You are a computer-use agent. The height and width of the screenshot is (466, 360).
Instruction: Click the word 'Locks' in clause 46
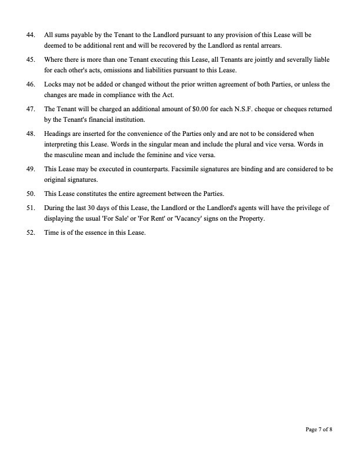click(x=52, y=85)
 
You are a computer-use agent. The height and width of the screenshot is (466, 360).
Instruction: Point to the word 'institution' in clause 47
click(x=129, y=119)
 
